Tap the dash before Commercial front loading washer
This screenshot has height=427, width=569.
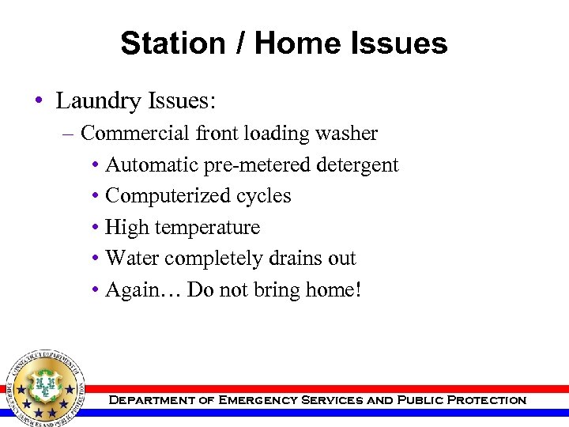tap(68, 134)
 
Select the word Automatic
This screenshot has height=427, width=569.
tap(150, 165)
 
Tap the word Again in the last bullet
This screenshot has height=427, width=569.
tap(132, 290)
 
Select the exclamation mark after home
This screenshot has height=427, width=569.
tap(358, 290)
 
